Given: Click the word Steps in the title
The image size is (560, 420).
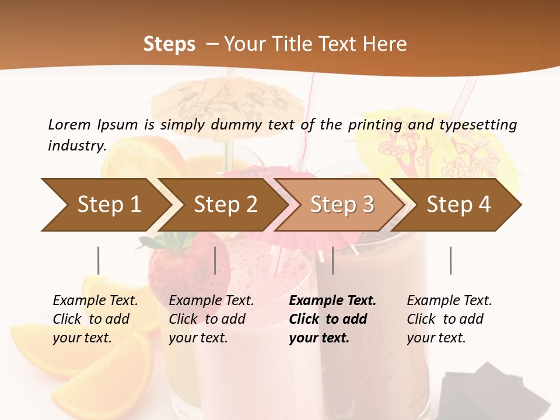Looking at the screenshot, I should (169, 44).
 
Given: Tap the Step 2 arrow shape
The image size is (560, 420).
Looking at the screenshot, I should (225, 204).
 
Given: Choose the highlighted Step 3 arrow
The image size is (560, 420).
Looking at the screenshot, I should (341, 204).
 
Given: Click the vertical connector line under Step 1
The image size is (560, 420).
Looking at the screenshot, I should (98, 260).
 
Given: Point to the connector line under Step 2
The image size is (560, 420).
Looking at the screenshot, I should (215, 260).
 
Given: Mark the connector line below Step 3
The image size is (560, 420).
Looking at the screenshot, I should (332, 260).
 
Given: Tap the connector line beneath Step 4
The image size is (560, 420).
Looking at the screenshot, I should (450, 260).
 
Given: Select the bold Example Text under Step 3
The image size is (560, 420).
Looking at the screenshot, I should (332, 319).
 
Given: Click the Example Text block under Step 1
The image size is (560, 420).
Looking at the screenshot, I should (95, 319).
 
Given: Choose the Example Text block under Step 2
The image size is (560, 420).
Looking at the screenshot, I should (211, 319).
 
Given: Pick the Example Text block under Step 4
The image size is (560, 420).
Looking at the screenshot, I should (449, 319).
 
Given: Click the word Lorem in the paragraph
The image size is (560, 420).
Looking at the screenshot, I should (69, 124).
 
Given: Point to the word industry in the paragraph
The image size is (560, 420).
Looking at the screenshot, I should (76, 145).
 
